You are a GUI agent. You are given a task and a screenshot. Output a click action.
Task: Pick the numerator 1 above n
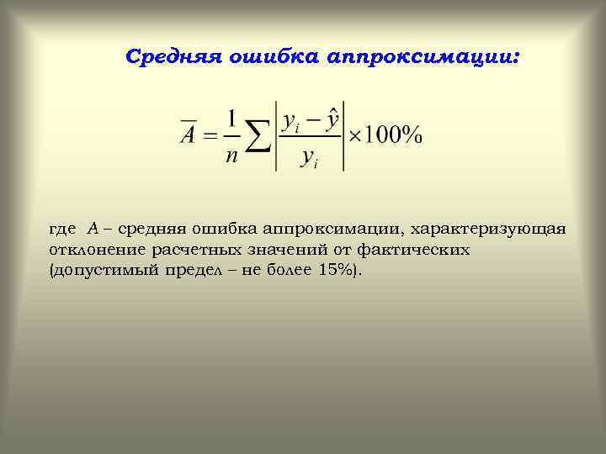(231, 117)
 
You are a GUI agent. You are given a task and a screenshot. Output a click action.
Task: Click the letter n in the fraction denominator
(231, 156)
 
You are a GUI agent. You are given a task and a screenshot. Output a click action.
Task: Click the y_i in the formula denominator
(309, 159)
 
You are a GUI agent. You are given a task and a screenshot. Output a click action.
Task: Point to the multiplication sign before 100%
(356, 136)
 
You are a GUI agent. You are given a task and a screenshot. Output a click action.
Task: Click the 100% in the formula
(394, 135)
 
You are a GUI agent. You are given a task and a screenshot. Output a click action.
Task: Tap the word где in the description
(63, 229)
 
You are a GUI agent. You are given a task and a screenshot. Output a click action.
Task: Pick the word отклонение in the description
(98, 250)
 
